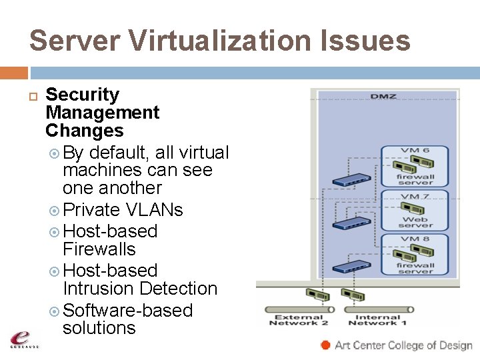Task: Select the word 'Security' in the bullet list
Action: point(82,95)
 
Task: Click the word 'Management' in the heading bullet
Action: point(103,113)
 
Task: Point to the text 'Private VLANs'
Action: point(123,210)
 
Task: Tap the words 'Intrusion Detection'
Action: point(140,289)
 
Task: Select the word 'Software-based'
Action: point(127,311)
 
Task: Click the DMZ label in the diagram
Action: point(383,97)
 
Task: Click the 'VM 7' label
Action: point(415,197)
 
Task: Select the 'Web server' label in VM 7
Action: point(415,221)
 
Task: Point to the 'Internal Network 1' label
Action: point(378,321)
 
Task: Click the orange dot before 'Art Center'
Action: point(325,345)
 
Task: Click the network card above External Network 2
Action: point(314,295)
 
